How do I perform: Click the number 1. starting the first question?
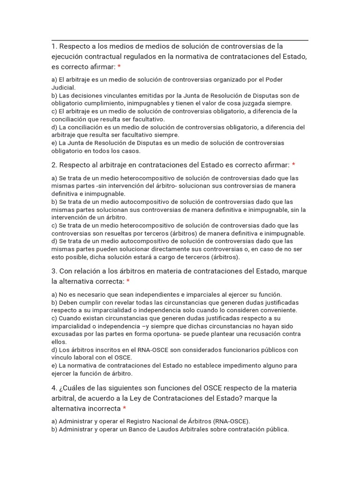coord(54,46)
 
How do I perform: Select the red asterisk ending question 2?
coord(293,165)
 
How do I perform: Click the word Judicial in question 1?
coord(63,87)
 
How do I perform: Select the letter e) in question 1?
coord(54,143)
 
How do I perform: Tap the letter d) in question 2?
coord(54,241)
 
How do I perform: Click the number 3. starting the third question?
coord(54,271)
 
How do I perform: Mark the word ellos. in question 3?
coord(59,342)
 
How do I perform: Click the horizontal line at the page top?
coord(180,41)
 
